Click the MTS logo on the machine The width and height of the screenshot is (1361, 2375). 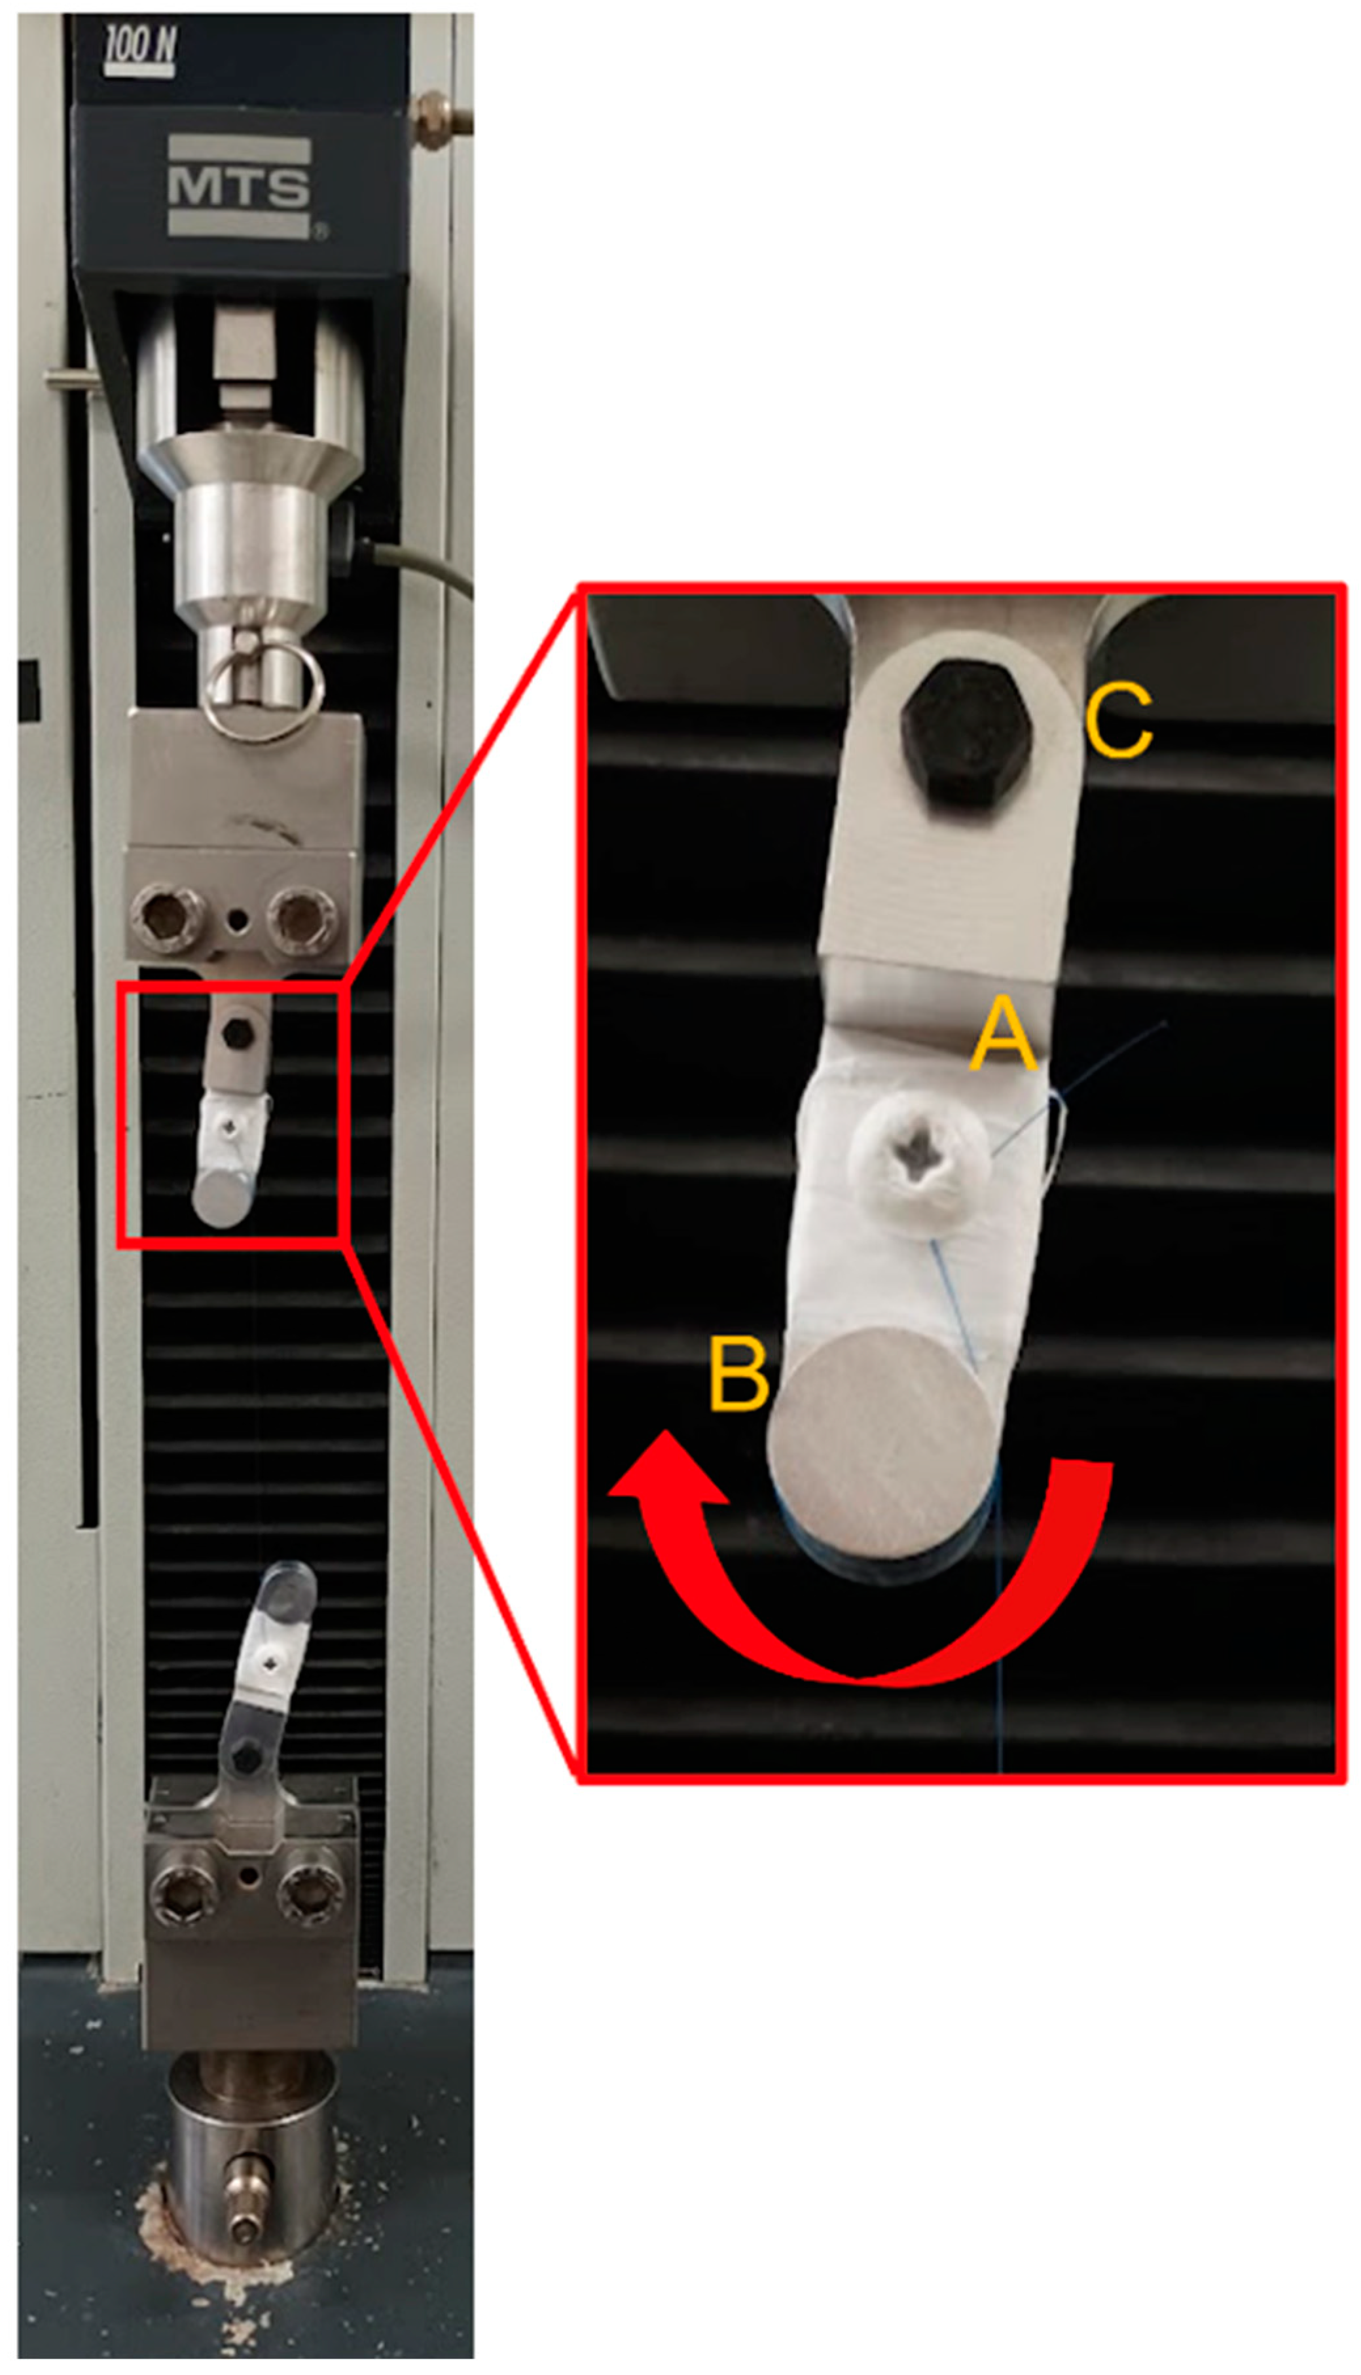[240, 187]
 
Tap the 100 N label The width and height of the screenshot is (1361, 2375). [140, 48]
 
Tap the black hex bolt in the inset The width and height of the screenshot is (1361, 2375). [966, 732]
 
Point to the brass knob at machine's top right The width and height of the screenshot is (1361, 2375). [439, 120]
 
